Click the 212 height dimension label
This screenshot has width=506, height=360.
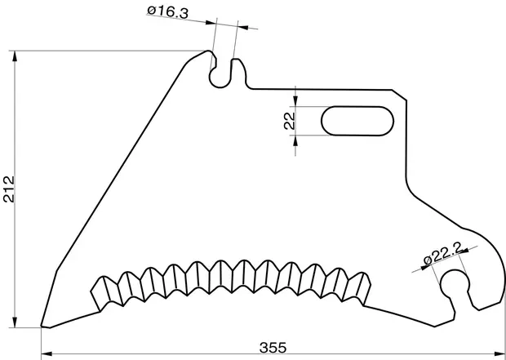click(9, 189)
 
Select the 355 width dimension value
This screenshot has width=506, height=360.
click(273, 348)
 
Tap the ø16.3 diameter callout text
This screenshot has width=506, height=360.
click(167, 12)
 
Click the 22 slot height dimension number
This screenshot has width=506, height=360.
click(290, 121)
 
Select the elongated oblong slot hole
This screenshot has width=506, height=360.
click(357, 121)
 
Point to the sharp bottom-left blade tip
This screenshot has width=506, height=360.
click(42, 326)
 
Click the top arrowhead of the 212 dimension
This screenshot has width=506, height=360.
click(15, 56)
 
